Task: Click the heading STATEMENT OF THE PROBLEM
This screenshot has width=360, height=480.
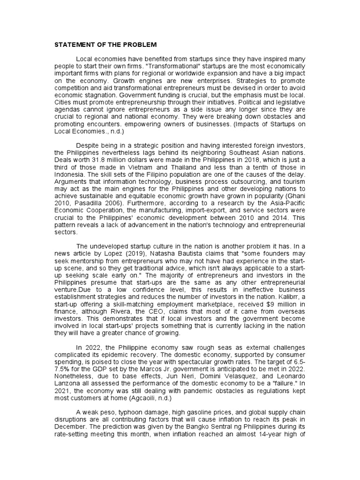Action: (x=103, y=45)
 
